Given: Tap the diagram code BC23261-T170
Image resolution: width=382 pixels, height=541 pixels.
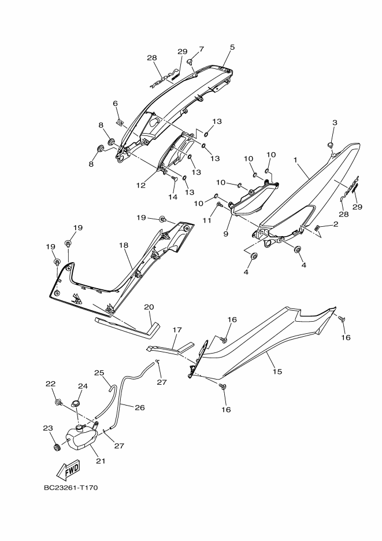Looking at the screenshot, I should (71, 488).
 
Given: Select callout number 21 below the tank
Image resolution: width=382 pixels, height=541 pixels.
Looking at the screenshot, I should (101, 461).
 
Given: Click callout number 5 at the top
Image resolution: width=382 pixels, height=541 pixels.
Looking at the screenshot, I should (232, 47).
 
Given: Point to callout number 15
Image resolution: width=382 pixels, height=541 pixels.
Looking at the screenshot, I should (277, 371).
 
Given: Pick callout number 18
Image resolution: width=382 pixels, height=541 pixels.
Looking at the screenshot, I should (123, 245).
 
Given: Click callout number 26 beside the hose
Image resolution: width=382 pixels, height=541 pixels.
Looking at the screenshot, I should (139, 407).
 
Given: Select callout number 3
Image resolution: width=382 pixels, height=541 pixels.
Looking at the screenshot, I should (334, 123).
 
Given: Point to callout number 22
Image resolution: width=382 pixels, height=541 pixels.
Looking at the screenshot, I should (50, 384).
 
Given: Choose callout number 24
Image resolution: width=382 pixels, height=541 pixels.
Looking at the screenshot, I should (83, 386).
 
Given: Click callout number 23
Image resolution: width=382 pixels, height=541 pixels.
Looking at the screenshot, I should (48, 428).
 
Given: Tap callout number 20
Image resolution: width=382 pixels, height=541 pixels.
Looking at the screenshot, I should (149, 307).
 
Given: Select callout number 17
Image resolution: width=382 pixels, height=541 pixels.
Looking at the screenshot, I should (177, 330).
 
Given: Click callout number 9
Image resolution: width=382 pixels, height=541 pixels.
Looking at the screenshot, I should (227, 234).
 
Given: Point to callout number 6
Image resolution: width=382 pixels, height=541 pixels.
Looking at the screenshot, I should (116, 104).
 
